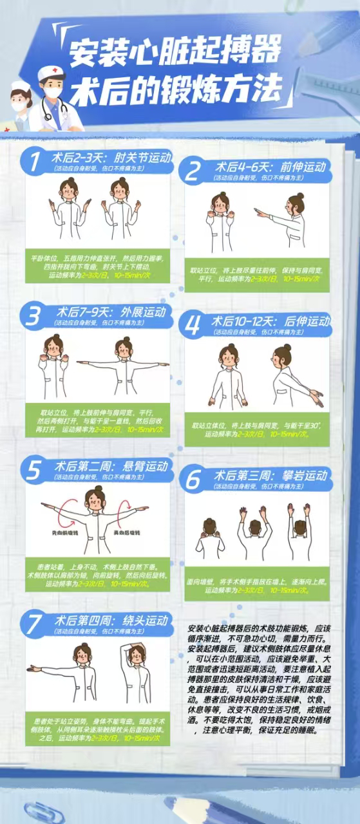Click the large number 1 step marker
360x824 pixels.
[x=32, y=162]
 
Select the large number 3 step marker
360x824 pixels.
[x=32, y=317]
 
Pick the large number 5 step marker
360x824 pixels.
[x=33, y=471]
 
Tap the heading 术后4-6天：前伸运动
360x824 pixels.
[x=270, y=166]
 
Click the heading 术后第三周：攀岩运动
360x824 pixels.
[x=270, y=476]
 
